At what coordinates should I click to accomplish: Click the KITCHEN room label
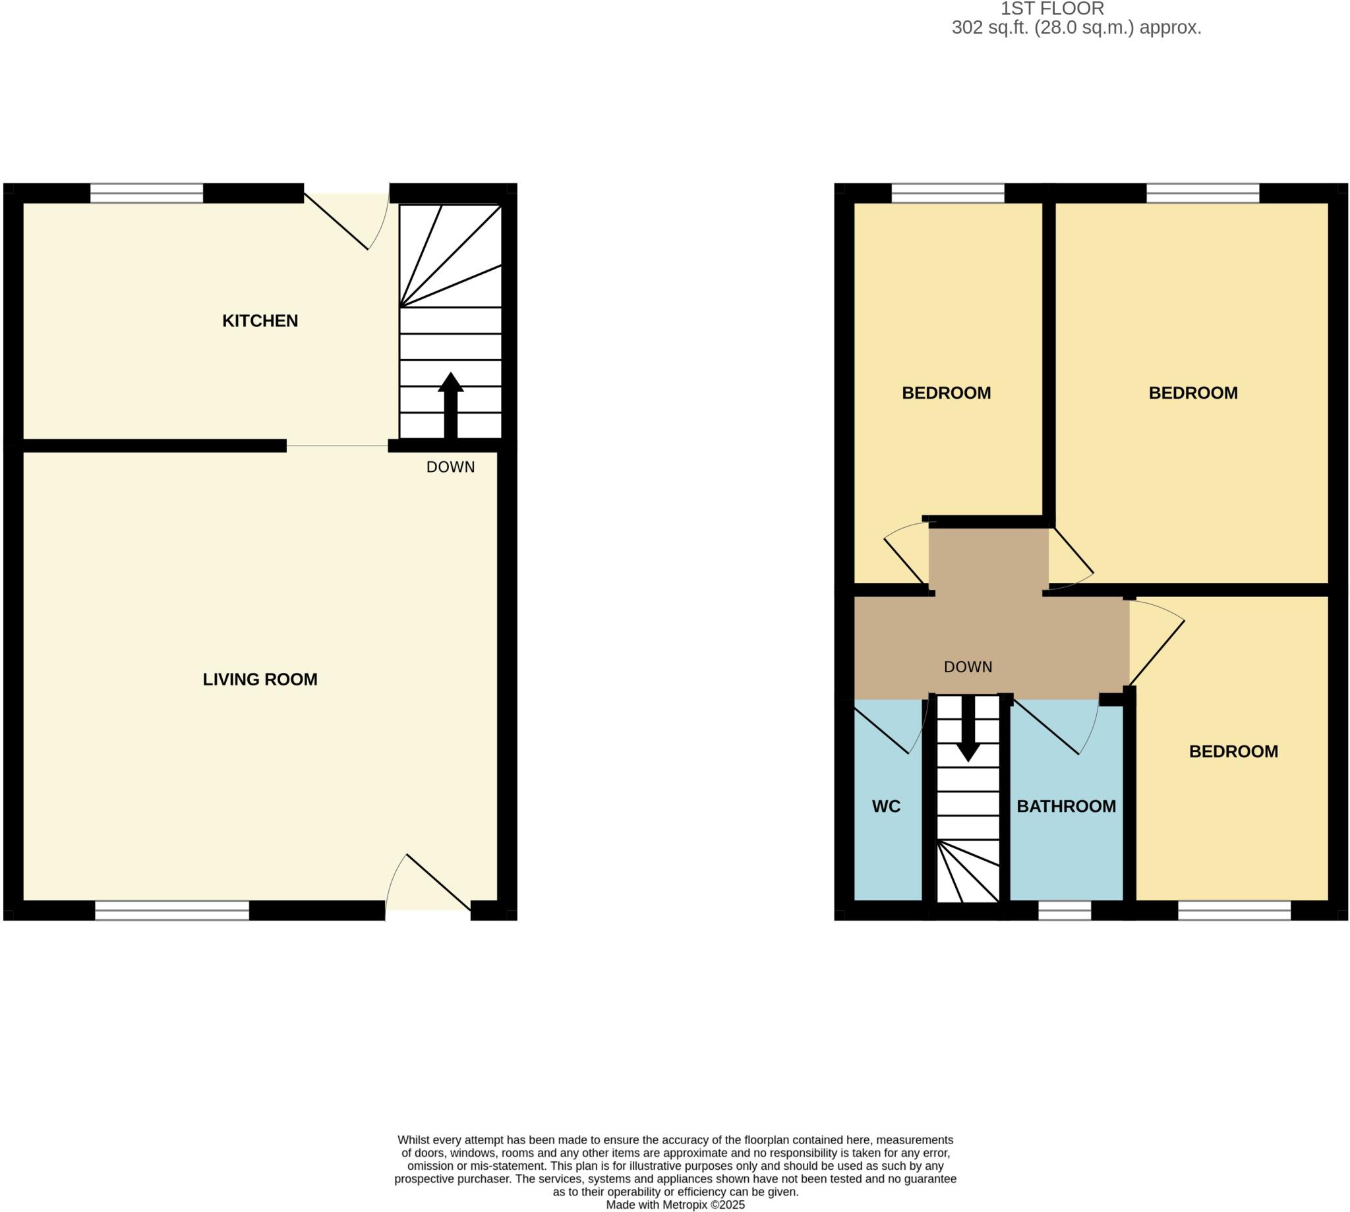pyautogui.click(x=260, y=321)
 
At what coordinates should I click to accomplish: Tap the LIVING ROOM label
pyautogui.click(x=260, y=679)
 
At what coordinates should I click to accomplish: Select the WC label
pyautogui.click(x=886, y=807)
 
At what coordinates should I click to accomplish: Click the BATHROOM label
pyautogui.click(x=1066, y=807)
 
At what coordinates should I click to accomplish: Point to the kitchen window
pyautogui.click(x=146, y=193)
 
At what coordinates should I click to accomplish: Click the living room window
pyautogui.click(x=172, y=910)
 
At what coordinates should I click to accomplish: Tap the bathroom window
pyautogui.click(x=1065, y=910)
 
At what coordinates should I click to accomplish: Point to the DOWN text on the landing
pyautogui.click(x=968, y=666)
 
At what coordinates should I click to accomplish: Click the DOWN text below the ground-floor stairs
pyautogui.click(x=450, y=467)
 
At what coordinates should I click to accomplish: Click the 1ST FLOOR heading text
pyautogui.click(x=1052, y=9)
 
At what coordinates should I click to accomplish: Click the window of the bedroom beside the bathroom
pyautogui.click(x=1233, y=910)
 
